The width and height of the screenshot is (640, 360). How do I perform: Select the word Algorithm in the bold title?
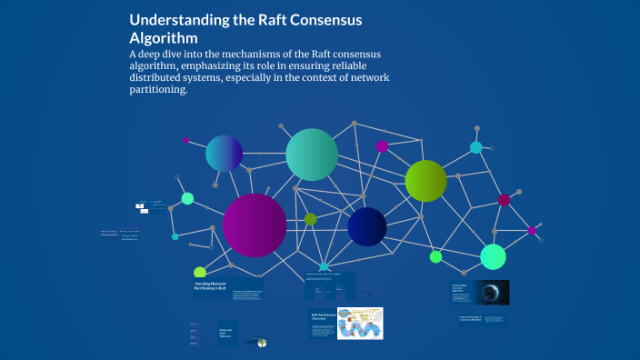tap(164, 39)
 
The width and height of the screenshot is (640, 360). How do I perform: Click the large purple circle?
tap(255, 225)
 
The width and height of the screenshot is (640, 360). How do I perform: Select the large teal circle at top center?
tap(312, 155)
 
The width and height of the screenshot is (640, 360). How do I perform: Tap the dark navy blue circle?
tap(367, 226)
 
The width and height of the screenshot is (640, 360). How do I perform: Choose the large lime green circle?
tap(425, 180)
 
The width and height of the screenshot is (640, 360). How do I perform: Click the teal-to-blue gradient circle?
tap(224, 153)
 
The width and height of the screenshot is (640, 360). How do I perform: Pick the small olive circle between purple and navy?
tap(310, 219)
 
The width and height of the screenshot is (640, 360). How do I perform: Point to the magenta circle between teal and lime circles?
tap(382, 146)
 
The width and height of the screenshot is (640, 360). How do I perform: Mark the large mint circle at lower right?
tap(493, 257)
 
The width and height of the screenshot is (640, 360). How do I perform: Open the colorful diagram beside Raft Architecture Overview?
tap(360, 323)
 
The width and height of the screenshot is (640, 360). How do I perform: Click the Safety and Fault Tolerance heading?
tap(226, 333)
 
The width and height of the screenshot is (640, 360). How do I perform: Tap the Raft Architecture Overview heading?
tap(324, 316)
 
